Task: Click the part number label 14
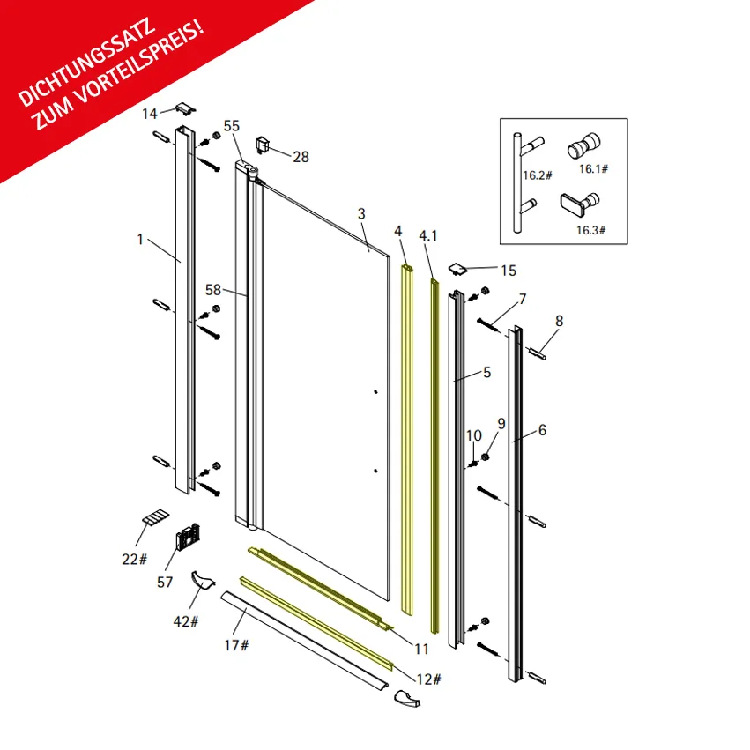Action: (x=149, y=114)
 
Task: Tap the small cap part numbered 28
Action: (x=262, y=145)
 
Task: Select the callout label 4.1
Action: (x=428, y=236)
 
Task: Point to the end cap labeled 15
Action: (x=457, y=270)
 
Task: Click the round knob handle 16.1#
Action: (x=583, y=146)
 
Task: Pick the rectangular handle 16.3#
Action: (x=580, y=204)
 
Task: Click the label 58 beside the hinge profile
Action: (x=213, y=290)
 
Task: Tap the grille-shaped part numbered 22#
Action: (x=155, y=517)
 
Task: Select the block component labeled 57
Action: (x=188, y=537)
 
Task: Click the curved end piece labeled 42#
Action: (x=203, y=580)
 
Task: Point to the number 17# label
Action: (x=237, y=645)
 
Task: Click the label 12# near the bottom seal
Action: (x=429, y=679)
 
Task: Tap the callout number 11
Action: (x=421, y=649)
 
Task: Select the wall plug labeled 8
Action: (x=538, y=354)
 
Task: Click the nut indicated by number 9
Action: (x=485, y=457)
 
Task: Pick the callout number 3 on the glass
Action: (x=361, y=214)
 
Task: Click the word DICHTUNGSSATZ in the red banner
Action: (x=86, y=63)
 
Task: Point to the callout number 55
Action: (x=232, y=126)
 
